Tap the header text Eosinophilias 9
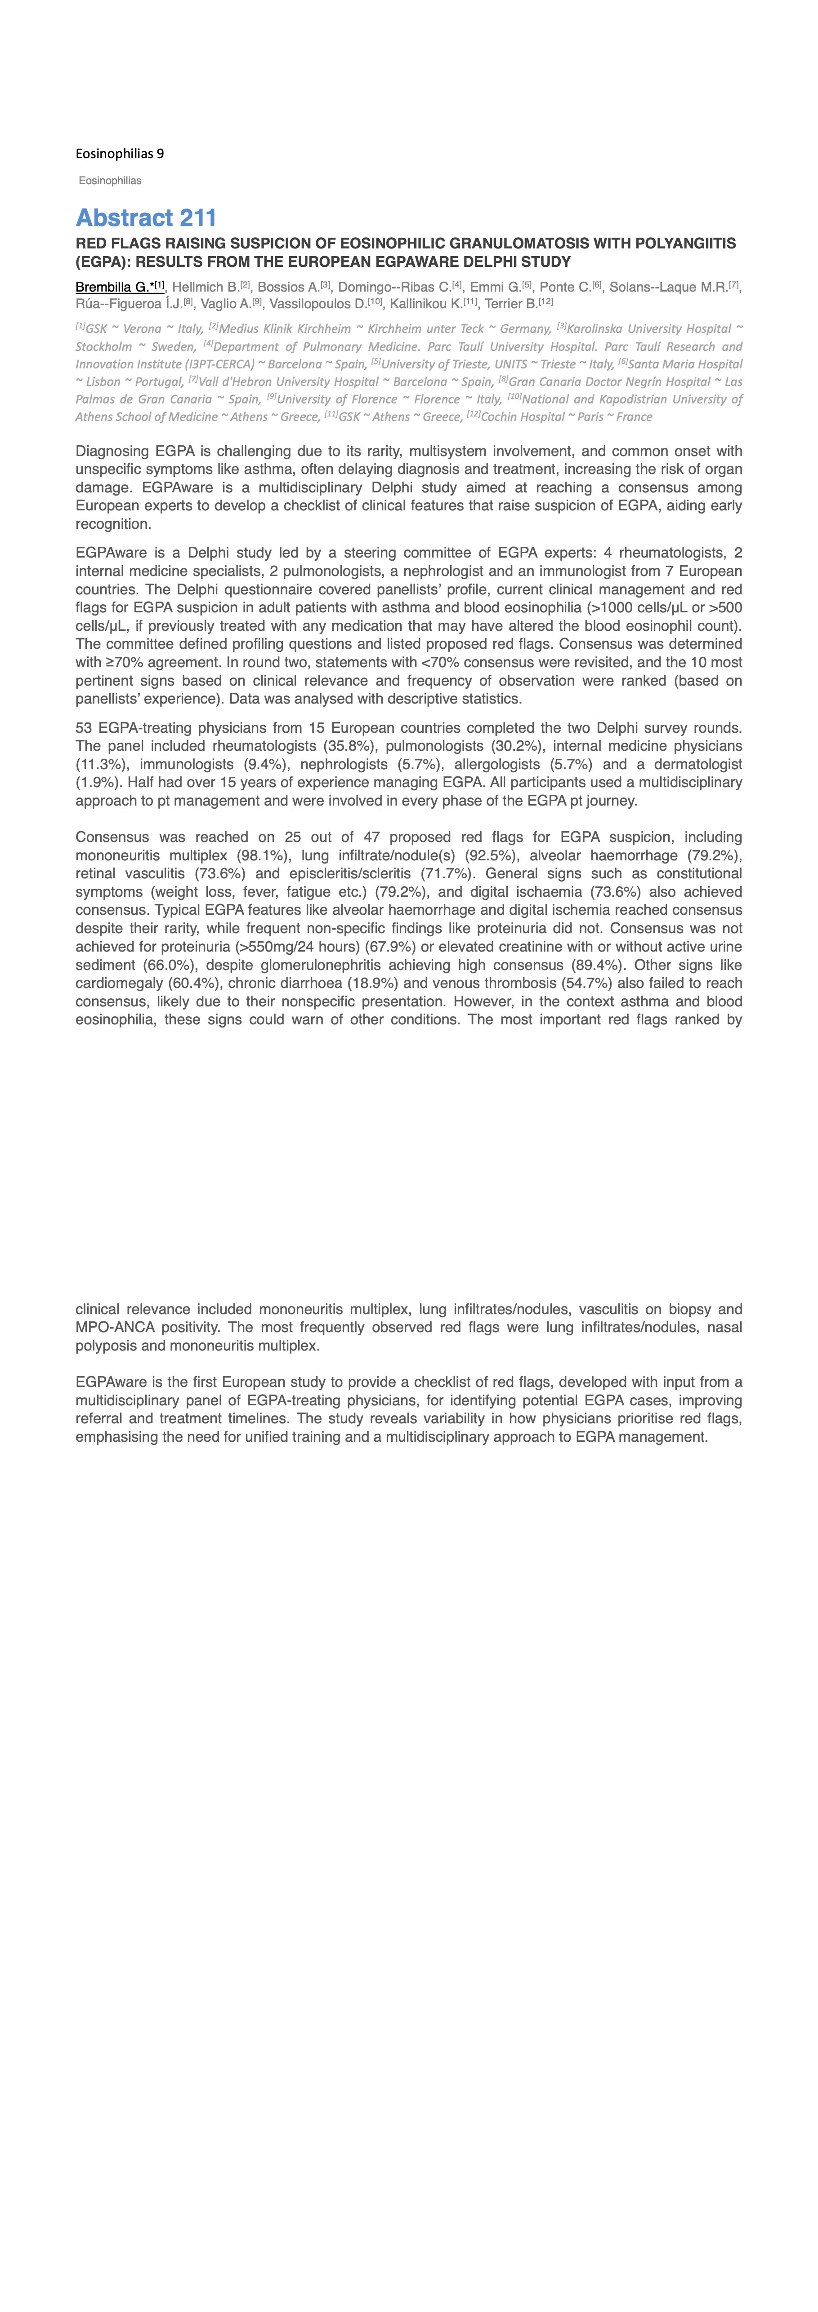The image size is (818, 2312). tap(120, 154)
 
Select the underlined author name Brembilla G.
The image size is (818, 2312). tap(114, 287)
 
